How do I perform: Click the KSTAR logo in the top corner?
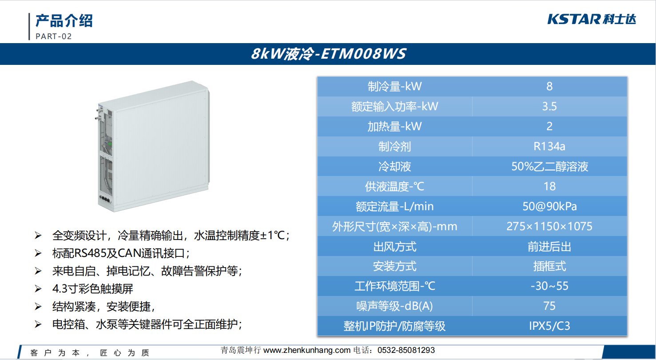(592, 20)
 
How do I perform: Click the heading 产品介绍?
(64, 20)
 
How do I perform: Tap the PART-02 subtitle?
(54, 36)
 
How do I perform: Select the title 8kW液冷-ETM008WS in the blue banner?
(328, 54)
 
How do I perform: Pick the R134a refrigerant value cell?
(549, 146)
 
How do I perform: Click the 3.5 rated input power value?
(549, 106)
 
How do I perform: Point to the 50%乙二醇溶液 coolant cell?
(549, 166)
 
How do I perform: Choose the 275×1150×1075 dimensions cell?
(549, 226)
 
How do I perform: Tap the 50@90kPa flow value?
(549, 206)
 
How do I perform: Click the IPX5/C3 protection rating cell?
(549, 326)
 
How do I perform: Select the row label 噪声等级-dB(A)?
(394, 306)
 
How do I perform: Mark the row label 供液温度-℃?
(394, 187)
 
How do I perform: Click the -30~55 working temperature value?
(549, 286)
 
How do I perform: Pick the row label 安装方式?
(394, 266)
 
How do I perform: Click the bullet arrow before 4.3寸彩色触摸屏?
(38, 289)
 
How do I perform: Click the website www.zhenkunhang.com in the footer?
(307, 350)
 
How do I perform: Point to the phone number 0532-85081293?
(406, 350)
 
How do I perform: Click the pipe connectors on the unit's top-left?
(99, 114)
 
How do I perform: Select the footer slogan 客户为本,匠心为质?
(90, 352)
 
